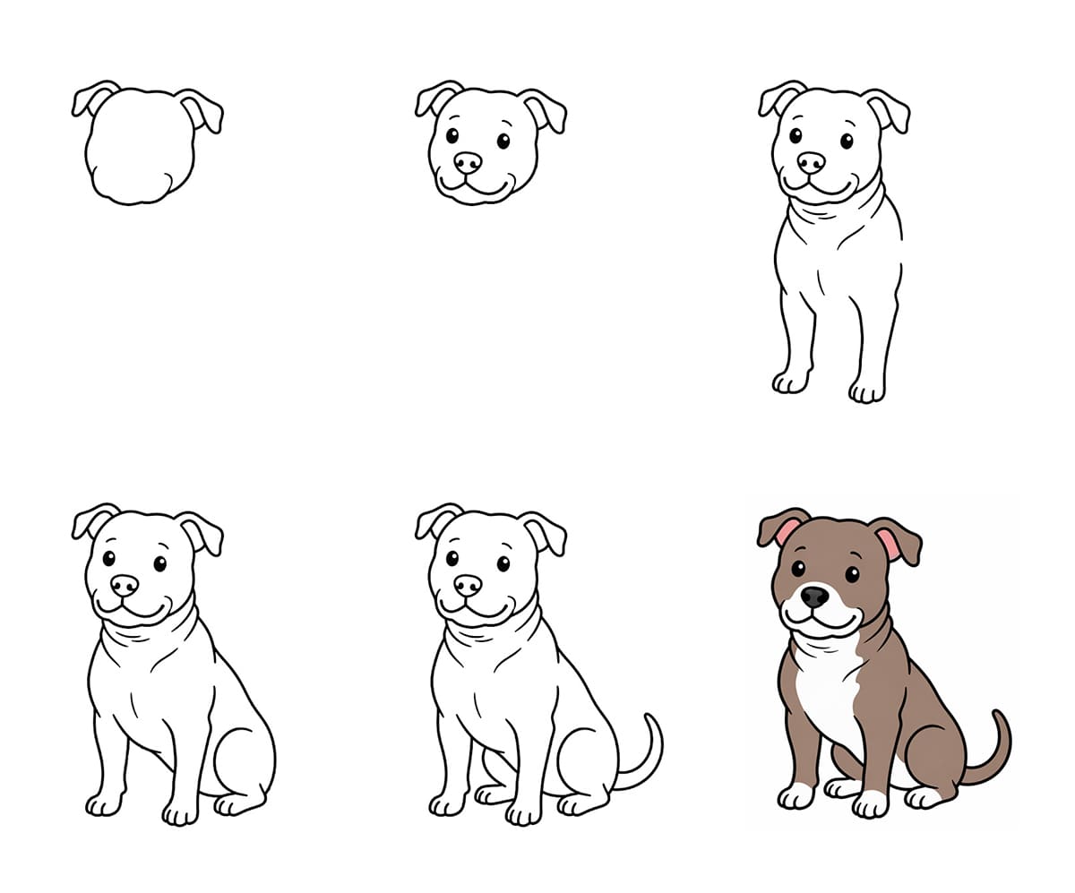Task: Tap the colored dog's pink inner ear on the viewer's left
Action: coord(787,532)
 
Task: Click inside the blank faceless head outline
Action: coord(139,148)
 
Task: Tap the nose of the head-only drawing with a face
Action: coord(467,162)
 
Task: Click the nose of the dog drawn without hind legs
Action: coord(811,162)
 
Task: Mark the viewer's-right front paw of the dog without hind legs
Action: coord(866,390)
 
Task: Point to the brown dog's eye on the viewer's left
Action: coord(797,568)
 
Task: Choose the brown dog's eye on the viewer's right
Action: coord(851,573)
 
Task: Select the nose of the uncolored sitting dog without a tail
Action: coord(125,585)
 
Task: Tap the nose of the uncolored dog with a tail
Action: coord(467,585)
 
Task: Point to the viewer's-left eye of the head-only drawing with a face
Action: coord(451,135)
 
